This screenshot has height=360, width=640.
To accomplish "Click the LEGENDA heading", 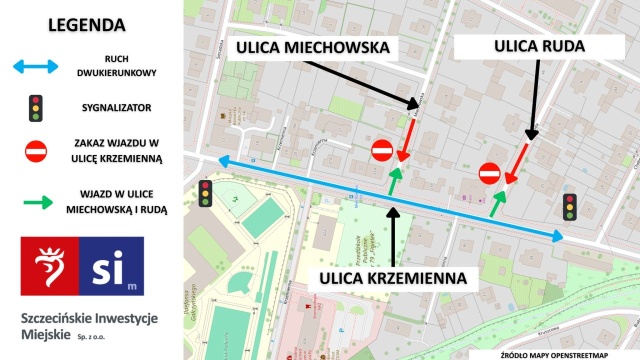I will pyautogui.click(x=86, y=24).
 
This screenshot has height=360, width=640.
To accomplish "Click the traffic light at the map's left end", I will pyautogui.click(x=205, y=193).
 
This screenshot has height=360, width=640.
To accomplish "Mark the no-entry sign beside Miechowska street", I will pyautogui.click(x=382, y=151).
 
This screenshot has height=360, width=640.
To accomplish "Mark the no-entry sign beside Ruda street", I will pyautogui.click(x=490, y=173).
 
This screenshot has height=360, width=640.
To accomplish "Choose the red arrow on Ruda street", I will pyautogui.click(x=517, y=163).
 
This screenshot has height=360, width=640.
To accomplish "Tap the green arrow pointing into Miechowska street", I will pyautogui.click(x=394, y=180).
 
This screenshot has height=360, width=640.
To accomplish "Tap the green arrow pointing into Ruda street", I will pyautogui.click(x=497, y=202).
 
